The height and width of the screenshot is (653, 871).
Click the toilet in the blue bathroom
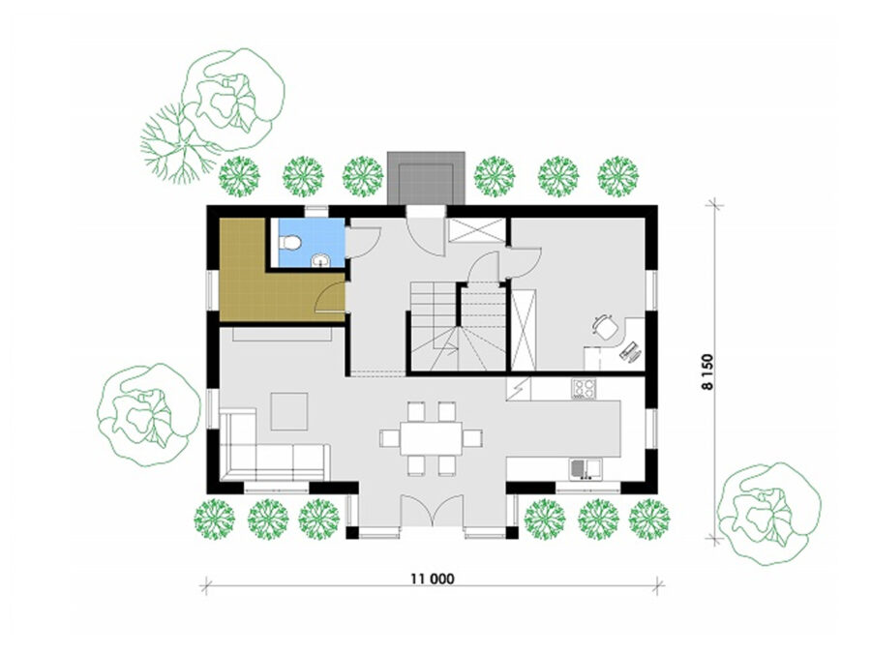click(290, 243)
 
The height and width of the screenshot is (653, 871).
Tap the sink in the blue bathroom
click(320, 260)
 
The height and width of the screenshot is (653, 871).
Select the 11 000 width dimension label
click(433, 579)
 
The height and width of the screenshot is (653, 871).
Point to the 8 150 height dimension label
click(707, 372)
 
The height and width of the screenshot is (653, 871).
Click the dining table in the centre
click(432, 438)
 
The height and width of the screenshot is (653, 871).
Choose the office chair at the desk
click(605, 327)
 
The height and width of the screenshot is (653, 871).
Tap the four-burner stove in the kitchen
click(584, 388)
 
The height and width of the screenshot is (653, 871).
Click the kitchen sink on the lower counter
click(585, 468)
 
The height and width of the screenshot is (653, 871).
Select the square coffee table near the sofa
click(288, 411)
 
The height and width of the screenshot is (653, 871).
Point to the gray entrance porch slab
click(426, 178)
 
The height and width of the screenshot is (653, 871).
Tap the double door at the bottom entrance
click(433, 510)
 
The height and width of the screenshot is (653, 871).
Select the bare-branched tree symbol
click(179, 143)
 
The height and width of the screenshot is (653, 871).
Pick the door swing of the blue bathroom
click(363, 242)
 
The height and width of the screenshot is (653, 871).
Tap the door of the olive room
click(331, 297)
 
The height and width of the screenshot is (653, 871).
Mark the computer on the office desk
click(629, 352)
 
